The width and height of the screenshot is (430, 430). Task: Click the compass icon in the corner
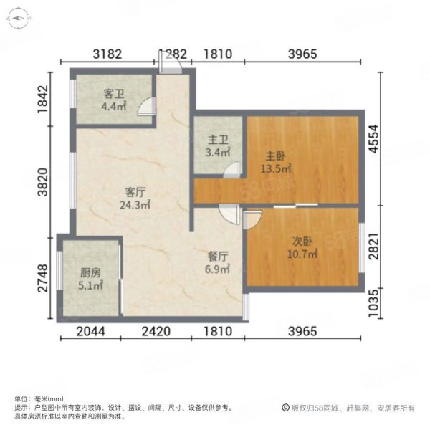tap(18, 19)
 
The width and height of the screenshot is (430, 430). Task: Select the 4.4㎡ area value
tap(114, 106)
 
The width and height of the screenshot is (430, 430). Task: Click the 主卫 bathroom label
tap(218, 140)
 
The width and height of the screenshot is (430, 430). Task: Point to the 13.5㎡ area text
tap(276, 168)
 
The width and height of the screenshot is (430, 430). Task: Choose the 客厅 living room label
tap(135, 192)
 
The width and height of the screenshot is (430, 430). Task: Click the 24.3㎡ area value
tap(135, 204)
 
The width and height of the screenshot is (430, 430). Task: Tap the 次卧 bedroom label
tap(302, 242)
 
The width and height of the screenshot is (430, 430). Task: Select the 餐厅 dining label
tap(217, 257)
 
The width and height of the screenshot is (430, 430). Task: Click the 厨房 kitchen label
tap(90, 273)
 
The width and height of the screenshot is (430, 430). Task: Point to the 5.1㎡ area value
tap(90, 285)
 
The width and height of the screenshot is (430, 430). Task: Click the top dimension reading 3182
tap(107, 54)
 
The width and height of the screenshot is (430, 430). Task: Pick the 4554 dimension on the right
tap(373, 139)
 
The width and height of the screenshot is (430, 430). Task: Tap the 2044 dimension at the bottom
tap(90, 331)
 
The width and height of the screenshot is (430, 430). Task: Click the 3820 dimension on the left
tap(43, 182)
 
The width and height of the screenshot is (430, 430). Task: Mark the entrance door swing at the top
tap(170, 62)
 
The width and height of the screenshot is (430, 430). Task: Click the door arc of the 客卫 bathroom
tap(146, 106)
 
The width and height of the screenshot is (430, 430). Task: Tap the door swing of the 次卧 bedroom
tap(252, 219)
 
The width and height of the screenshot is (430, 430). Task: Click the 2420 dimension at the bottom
tap(156, 331)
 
